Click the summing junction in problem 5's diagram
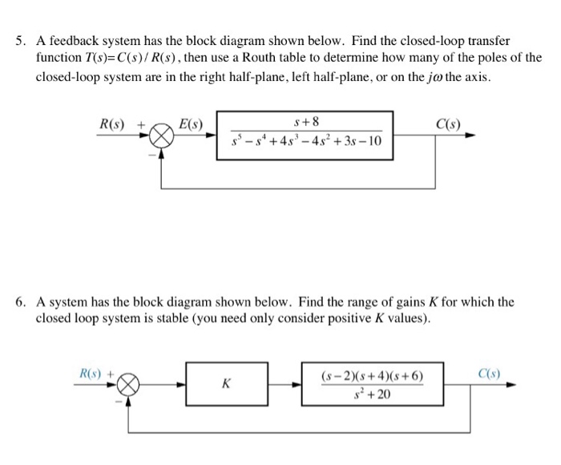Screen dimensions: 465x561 pyautogui.click(x=163, y=138)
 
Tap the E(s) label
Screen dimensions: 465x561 pyautogui.click(x=191, y=124)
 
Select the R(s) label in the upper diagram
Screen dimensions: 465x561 pyautogui.click(x=112, y=124)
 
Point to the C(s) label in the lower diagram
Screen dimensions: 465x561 pyautogui.click(x=487, y=373)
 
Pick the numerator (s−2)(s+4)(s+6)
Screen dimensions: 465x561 pyautogui.click(x=371, y=376)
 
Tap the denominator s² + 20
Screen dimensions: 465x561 pyautogui.click(x=371, y=394)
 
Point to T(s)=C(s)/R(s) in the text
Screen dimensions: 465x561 pyautogui.click(x=141, y=59)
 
